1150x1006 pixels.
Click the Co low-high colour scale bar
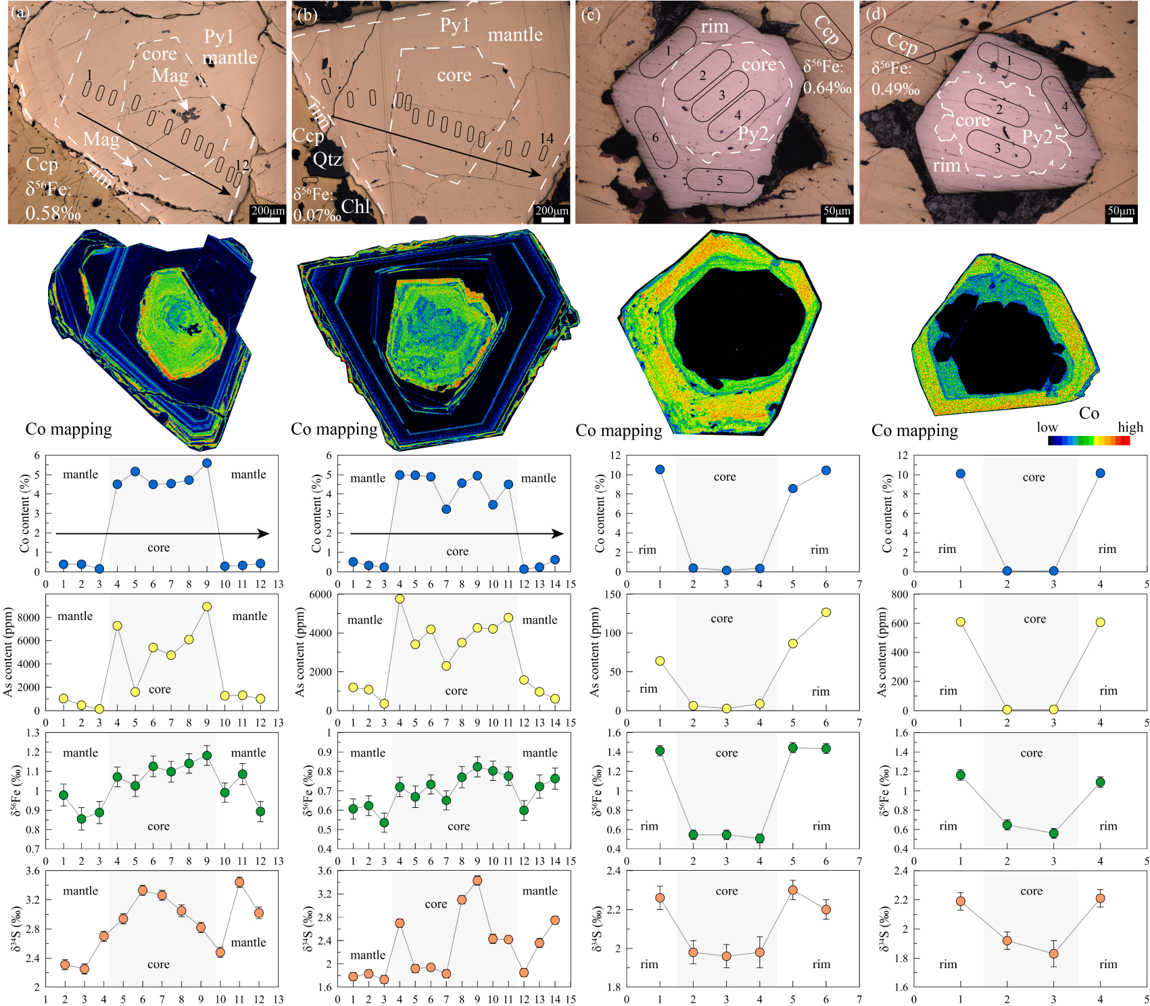point(1088,441)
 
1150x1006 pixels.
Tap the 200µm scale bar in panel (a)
point(268,219)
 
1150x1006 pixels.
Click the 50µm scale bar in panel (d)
point(1120,219)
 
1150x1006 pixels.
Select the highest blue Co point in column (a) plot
point(207,463)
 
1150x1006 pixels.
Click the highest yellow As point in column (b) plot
point(400,599)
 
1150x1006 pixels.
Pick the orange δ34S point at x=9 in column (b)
point(477,880)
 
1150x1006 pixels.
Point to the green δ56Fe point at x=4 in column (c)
point(760,838)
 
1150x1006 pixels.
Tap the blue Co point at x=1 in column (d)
point(961,474)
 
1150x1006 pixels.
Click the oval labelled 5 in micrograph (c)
point(720,181)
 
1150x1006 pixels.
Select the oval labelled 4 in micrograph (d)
point(1064,106)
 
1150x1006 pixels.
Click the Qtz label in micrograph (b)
point(327,160)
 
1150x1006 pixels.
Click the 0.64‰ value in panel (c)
point(827,88)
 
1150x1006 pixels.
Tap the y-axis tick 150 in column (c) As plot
point(612,595)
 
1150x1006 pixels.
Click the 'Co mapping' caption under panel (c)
point(619,431)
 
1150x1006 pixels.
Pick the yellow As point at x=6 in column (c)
point(826,613)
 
